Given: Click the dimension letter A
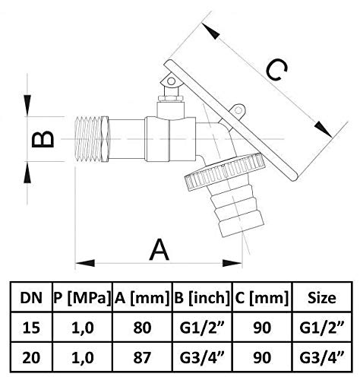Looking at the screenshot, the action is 159,249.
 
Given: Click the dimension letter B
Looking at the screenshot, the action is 43,139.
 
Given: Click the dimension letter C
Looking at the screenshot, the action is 276,70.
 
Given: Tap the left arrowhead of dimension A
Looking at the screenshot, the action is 85,263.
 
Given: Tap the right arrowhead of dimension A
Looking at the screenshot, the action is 232,263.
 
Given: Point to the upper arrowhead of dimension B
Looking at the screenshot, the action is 27,106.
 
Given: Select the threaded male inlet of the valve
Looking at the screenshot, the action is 93,139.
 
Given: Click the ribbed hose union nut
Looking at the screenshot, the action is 226,171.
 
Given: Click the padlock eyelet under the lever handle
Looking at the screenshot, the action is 238,110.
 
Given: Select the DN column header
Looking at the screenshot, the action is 31,298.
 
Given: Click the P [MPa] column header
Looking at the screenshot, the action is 82,298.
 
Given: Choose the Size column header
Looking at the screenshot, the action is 322,298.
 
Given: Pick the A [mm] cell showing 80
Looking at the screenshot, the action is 142,328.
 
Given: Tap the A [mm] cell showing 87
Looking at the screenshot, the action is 142,357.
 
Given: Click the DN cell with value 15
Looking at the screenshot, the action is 31,328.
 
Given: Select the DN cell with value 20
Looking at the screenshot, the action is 31,357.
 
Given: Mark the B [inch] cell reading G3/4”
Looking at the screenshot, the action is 202,357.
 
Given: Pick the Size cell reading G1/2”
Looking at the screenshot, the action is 322,328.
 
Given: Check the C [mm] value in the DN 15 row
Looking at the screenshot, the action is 262,328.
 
